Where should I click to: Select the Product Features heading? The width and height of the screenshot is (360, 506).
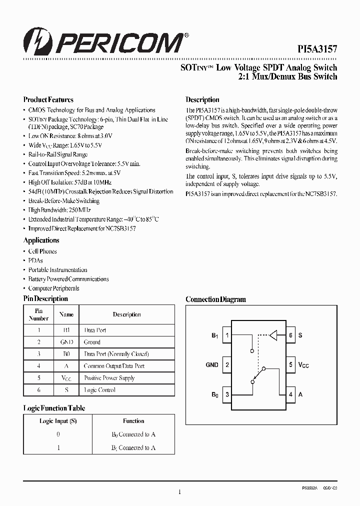[x=48, y=99]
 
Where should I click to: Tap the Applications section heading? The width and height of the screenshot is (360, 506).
[x=41, y=240]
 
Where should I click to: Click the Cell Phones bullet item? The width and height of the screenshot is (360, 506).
[x=42, y=251]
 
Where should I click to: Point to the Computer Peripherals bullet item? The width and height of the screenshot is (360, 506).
[x=53, y=288]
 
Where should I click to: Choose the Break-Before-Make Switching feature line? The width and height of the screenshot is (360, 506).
[x=63, y=201]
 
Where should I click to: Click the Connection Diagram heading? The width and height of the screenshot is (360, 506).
[x=215, y=299]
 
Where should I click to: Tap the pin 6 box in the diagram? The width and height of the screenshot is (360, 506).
[x=290, y=335]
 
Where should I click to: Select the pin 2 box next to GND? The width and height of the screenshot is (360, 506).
[x=227, y=365]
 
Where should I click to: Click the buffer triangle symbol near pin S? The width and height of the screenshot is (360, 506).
[x=272, y=335]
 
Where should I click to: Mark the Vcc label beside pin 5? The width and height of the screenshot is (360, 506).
[x=303, y=365]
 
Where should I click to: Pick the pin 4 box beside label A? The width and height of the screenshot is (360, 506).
[x=290, y=394]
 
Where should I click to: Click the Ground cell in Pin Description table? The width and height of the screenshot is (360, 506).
[x=92, y=342]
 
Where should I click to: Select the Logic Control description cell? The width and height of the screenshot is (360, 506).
[x=100, y=390]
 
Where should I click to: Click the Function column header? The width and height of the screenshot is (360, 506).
[x=133, y=421]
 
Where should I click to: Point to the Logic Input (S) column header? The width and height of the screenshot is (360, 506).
[x=58, y=421]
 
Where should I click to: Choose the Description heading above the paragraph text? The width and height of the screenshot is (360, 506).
[x=202, y=99]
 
